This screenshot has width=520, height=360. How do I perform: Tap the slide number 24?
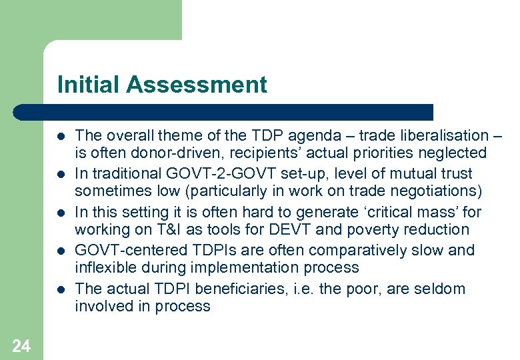click(21, 345)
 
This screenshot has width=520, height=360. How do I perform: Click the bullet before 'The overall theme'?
click(61, 136)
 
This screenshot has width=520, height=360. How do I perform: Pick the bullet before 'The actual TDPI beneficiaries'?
click(61, 289)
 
